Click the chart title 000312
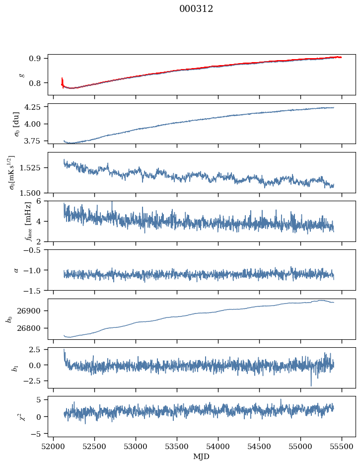[196, 9]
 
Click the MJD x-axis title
[201, 457]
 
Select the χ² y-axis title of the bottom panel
[14, 416]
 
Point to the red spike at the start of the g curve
[62, 81]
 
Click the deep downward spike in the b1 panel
[311, 384]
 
